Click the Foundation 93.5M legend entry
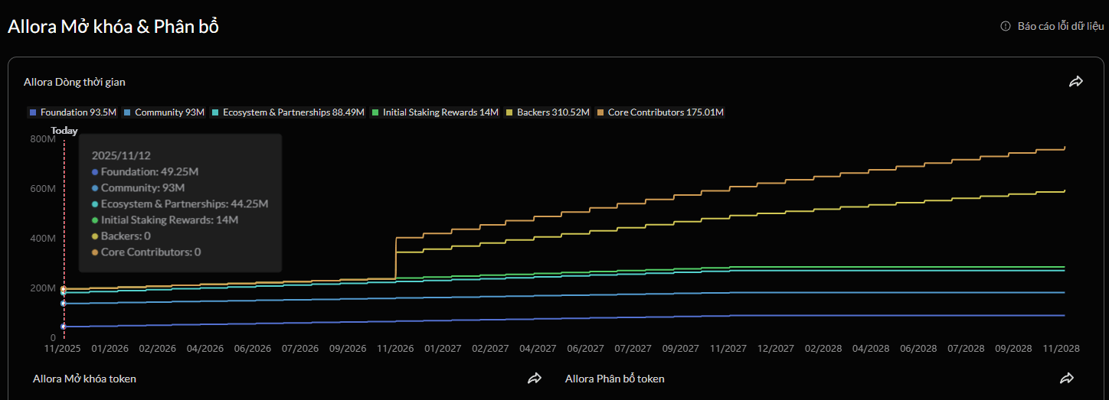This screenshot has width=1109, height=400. pos(73,112)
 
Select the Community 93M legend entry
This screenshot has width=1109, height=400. pos(164,112)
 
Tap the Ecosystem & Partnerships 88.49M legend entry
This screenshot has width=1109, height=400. pos(288,112)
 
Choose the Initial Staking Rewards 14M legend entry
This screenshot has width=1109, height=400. pos(435,112)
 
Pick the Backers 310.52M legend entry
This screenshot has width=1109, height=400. pos(548,112)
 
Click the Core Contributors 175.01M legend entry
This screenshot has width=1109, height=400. pos(660,112)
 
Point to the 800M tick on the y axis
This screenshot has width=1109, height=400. pos(43,139)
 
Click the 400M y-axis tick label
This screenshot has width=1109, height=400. pos(43,239)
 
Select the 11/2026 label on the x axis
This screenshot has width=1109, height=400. pos(395,349)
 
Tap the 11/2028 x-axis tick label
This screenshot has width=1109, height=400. pos(1061,349)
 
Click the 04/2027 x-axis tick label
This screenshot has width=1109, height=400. pos(538,349)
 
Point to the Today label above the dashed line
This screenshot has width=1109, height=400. pos(64,131)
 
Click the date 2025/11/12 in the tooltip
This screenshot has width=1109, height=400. pos(121,155)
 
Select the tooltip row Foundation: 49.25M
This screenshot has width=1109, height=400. pos(145,171)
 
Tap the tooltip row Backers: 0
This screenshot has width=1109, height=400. pos(121,236)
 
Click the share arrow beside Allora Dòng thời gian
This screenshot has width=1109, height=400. pos(1076,82)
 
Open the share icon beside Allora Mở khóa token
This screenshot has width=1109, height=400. pos(534,379)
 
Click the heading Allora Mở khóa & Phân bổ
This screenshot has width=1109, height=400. pos(113,27)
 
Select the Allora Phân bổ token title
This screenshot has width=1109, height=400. pos(615,379)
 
